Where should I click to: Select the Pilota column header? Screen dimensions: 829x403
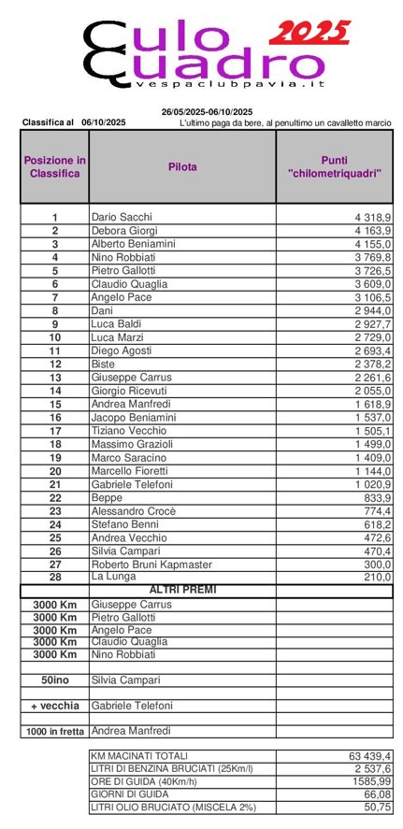tap(182, 167)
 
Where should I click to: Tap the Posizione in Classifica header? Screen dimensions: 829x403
tap(54, 167)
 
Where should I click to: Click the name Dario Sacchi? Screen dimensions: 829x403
tap(122, 217)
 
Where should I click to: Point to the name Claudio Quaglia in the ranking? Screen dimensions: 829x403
tap(129, 283)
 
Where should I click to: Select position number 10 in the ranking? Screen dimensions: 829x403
tap(55, 336)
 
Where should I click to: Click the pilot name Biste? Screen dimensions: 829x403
tap(103, 364)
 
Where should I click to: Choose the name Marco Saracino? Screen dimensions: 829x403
tap(128, 458)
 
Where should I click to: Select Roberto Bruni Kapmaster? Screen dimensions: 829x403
tap(151, 565)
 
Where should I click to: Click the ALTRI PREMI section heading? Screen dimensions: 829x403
tap(182, 591)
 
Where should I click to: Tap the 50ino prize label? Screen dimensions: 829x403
tap(55, 679)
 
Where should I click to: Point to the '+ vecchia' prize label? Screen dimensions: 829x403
tap(55, 705)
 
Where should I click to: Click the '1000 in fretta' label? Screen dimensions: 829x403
tap(55, 731)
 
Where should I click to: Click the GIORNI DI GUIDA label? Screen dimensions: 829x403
tap(132, 793)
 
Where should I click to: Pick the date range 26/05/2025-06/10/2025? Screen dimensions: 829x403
tap(206, 112)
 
